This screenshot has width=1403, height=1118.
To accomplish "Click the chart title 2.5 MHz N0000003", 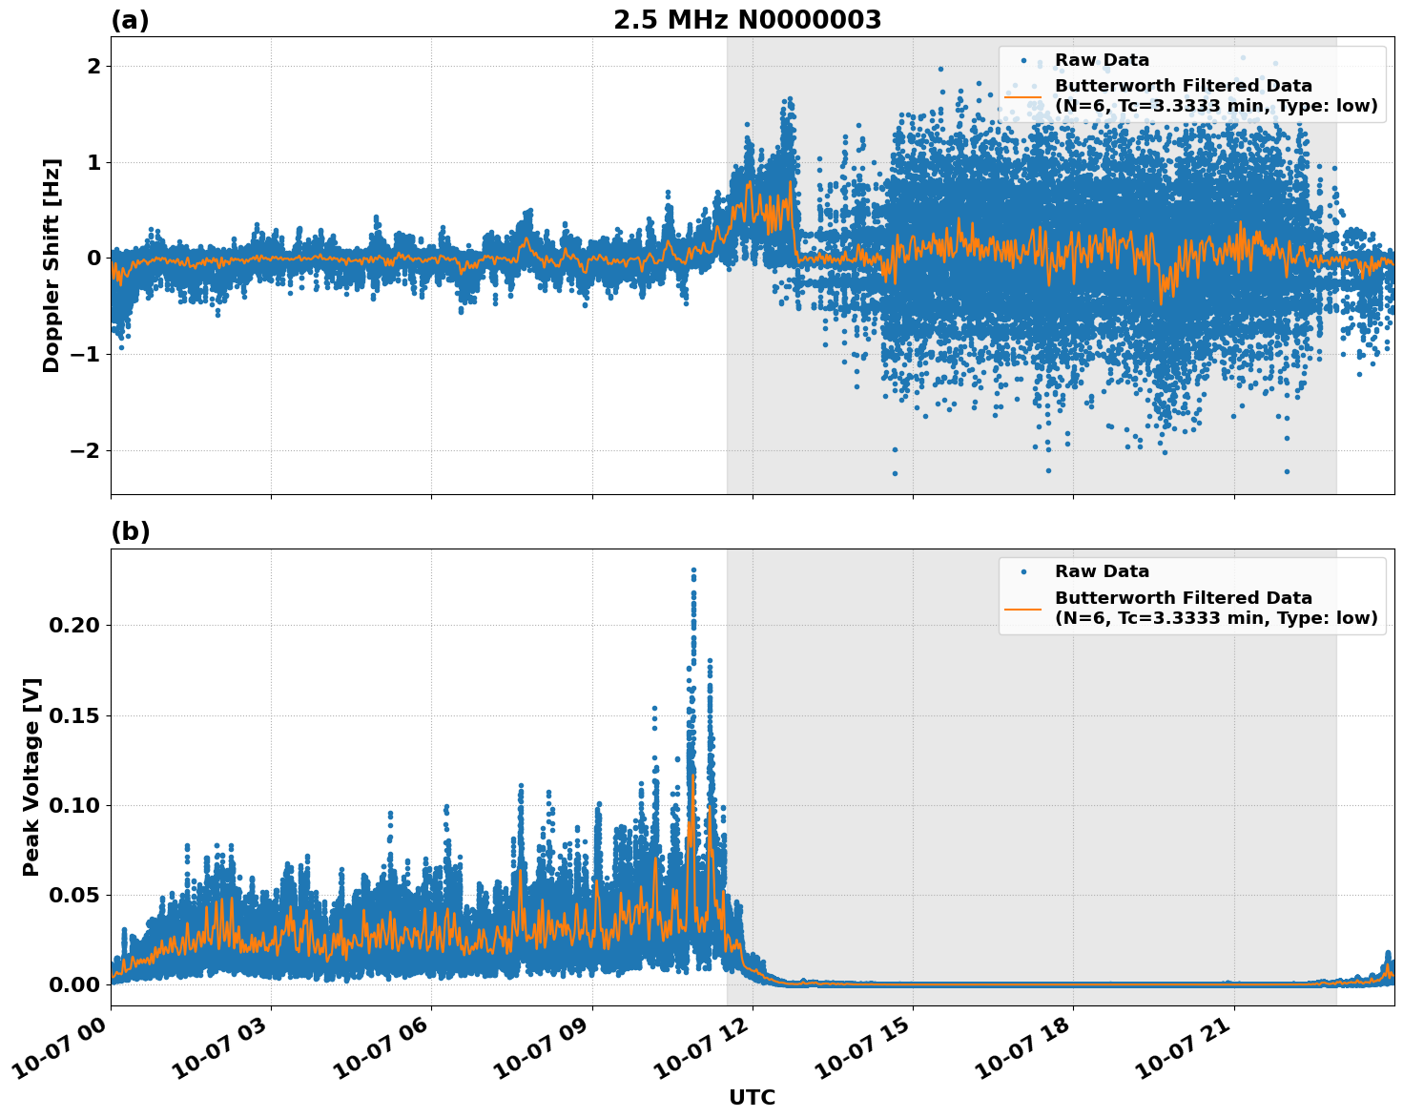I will click(747, 20).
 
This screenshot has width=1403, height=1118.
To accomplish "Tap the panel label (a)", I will click(130, 20).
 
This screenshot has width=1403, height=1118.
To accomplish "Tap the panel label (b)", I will click(130, 531).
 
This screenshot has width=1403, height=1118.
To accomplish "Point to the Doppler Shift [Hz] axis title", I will click(52, 265).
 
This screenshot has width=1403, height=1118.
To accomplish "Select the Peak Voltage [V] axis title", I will click(31, 776).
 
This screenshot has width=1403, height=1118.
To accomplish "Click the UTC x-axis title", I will click(752, 1097).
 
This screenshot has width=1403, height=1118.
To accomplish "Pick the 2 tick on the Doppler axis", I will click(93, 66).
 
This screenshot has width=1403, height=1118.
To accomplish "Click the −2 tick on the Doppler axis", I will click(85, 450).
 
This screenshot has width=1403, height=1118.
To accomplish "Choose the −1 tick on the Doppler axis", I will click(85, 354).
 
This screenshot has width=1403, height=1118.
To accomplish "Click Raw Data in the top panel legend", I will click(1102, 60).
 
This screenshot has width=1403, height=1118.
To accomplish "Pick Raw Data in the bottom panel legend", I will click(1102, 571).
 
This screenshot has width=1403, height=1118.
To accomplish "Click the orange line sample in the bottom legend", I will click(1022, 608).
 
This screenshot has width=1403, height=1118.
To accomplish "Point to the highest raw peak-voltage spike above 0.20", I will click(693, 570).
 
